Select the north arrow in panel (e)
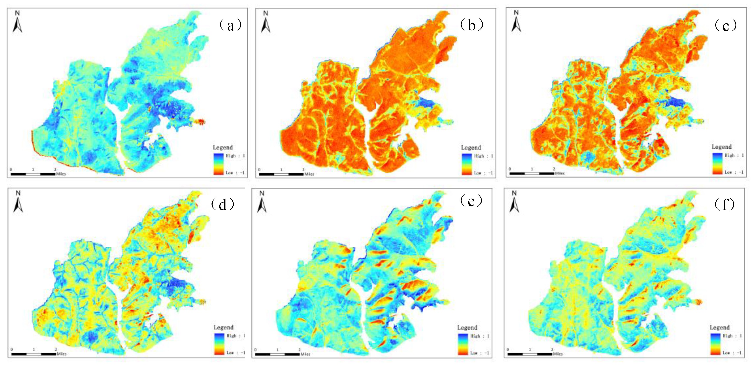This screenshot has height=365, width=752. point(262,202)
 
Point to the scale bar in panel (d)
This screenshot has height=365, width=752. point(33,354)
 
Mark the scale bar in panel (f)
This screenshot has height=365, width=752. point(530,354)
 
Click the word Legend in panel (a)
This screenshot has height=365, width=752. point(223,147)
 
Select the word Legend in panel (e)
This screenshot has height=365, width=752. point(467,327)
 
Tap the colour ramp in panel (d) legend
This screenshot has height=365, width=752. point(219,344)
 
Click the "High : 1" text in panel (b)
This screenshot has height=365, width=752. point(483,156)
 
